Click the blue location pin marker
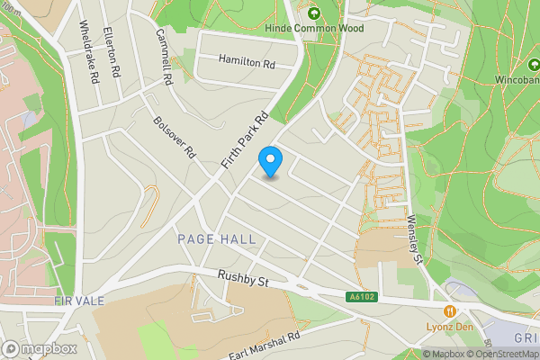coord(271,163)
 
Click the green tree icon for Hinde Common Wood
coord(314,13)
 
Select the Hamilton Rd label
coord(247,63)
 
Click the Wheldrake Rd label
coord(87,53)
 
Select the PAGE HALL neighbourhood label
coord(217,239)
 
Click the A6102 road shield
coord(360,295)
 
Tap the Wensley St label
coord(415,237)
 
